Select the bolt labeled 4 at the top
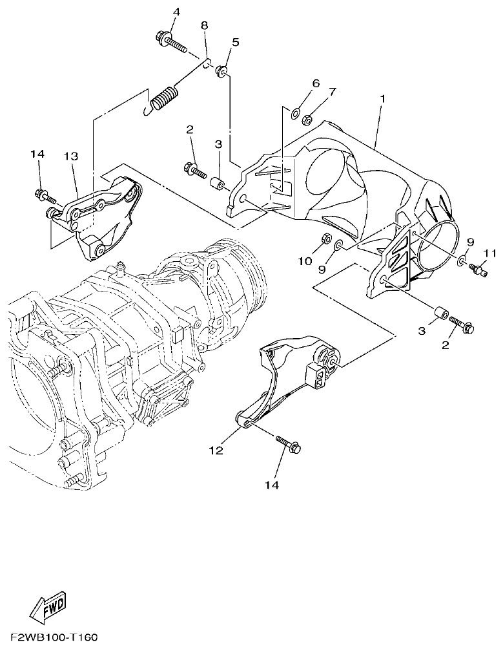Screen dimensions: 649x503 click(170, 42)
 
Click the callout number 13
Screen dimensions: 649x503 click(70, 156)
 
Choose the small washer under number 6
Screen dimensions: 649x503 click(296, 115)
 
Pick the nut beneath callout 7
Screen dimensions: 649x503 click(309, 118)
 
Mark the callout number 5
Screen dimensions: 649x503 click(234, 43)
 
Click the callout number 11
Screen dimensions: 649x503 click(489, 253)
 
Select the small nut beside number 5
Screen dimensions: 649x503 click(221, 70)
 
